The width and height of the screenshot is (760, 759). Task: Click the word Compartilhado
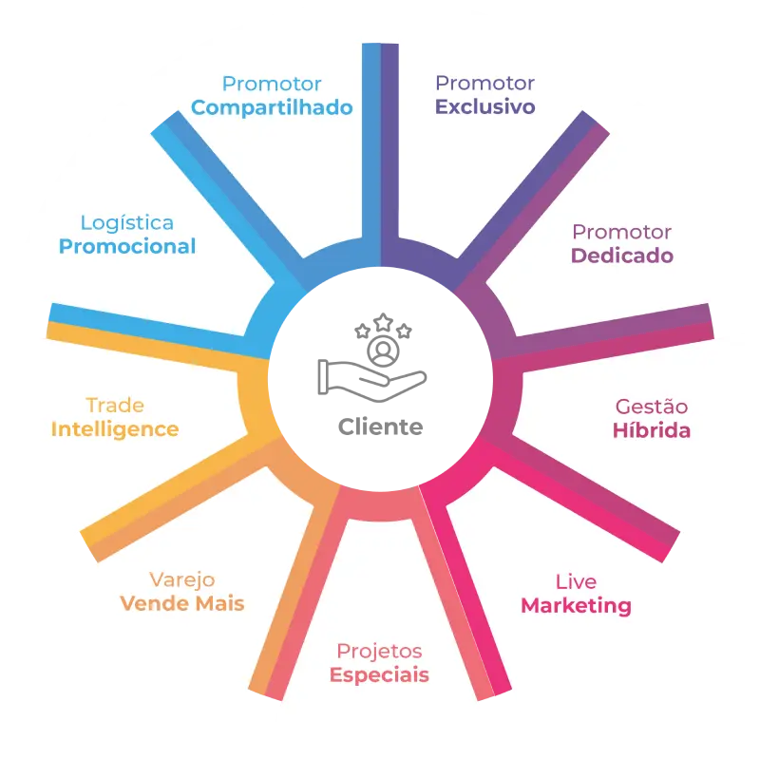[272, 107]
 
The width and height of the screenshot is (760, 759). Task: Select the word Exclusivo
[485, 106]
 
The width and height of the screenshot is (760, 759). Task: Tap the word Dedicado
[622, 256]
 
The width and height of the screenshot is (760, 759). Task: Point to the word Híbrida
[652, 430]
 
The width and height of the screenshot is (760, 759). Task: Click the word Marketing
[577, 606]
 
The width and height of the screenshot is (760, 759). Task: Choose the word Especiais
[379, 675]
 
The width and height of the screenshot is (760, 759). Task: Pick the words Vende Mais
[182, 603]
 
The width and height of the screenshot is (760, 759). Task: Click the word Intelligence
[115, 429]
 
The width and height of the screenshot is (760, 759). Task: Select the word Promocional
[127, 247]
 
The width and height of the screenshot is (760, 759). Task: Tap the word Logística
[127, 223]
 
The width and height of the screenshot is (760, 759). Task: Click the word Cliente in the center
[381, 427]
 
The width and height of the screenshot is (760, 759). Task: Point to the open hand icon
[372, 381]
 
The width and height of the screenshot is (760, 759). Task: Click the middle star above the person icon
[384, 322]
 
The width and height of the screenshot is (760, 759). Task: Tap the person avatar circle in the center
[384, 351]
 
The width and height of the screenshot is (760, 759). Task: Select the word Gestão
[652, 407]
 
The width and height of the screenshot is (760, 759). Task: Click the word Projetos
[379, 652]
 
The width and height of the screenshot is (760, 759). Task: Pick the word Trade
[115, 406]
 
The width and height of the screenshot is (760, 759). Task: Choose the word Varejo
[182, 580]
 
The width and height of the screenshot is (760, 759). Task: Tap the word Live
[577, 581]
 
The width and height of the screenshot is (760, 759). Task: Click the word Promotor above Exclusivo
[485, 84]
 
